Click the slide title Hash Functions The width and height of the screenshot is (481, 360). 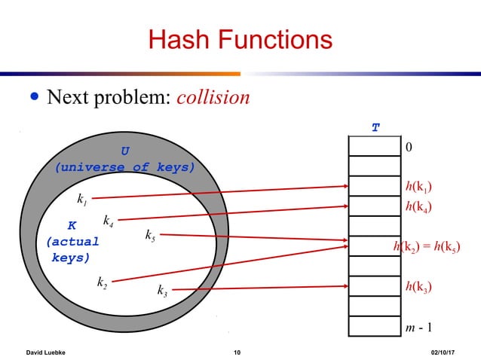tap(240, 38)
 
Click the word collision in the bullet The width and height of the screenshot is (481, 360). tap(212, 98)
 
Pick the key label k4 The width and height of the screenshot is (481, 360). tap(109, 221)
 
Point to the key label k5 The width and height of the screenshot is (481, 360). tap(150, 236)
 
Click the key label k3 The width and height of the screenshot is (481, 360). tap(161, 290)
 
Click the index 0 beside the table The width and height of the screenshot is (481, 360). tap(409, 147)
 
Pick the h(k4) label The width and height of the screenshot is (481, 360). tap(418, 206)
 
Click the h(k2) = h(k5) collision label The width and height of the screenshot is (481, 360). tap(426, 246)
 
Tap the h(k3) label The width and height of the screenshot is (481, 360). tap(418, 286)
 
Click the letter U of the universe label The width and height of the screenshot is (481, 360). tap(124, 151)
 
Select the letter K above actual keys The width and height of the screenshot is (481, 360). tap(72, 225)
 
